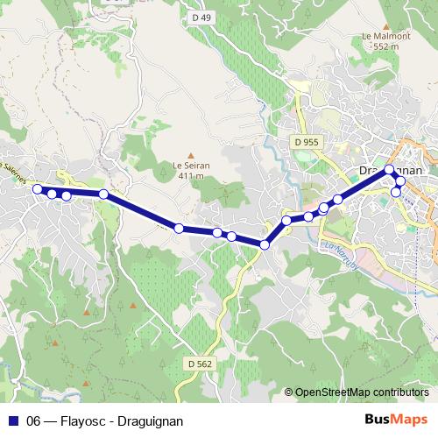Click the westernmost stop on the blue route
37,189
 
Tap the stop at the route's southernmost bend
265,244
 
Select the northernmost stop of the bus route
389,170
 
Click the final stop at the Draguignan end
396,191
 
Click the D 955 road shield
307,142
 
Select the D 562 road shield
200,363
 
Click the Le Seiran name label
190,165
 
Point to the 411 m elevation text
190,175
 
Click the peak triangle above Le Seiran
190,153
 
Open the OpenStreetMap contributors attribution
362,392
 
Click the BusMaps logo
395,420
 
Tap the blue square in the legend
13,421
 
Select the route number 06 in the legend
34,421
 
